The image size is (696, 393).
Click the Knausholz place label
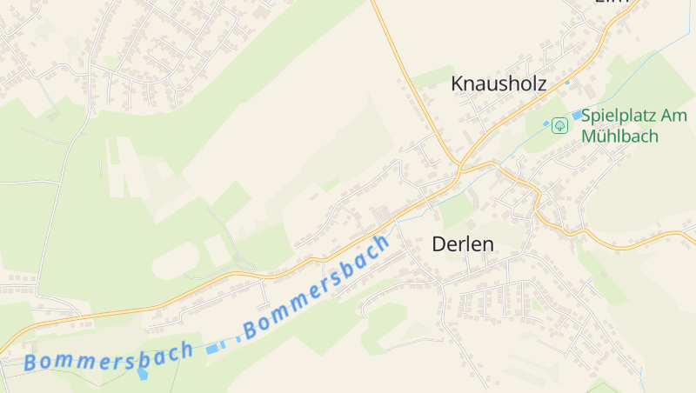click(498, 83)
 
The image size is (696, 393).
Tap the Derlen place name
click(463, 244)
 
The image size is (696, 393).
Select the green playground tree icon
click(559, 126)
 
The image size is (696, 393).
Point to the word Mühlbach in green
click(620, 137)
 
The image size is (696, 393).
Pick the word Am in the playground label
click(675, 115)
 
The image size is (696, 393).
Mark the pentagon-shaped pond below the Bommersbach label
click(143, 374)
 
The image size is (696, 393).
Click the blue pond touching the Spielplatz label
click(576, 116)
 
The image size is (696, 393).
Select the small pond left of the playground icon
click(546, 124)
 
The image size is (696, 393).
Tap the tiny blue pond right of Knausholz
click(567, 83)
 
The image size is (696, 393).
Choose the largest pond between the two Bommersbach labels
click(214, 349)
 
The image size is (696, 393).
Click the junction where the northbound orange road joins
click(458, 166)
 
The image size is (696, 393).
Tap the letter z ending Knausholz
click(540, 83)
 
